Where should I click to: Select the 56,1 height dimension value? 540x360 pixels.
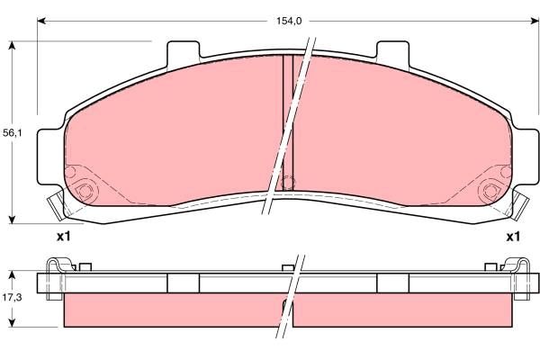pyautogui.click(x=11, y=132)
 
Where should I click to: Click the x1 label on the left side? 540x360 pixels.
pyautogui.click(x=63, y=237)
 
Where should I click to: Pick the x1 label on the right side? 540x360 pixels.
pyautogui.click(x=512, y=237)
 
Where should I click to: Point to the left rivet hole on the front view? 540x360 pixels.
pyautogui.click(x=85, y=191)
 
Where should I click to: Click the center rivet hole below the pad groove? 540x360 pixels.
pyautogui.click(x=288, y=184)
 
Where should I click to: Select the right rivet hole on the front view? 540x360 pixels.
pyautogui.click(x=491, y=191)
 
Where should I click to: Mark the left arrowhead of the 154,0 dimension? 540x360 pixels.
pyautogui.click(x=40, y=20)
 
